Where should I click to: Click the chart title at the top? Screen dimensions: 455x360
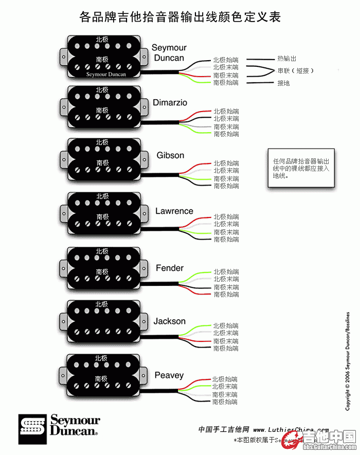(180, 17)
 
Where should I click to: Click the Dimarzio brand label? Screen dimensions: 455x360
(170, 102)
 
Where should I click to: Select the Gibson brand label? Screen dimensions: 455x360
(170, 155)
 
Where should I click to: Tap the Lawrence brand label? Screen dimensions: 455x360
(174, 211)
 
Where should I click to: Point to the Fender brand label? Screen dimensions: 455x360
(170, 268)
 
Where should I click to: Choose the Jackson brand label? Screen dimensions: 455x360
(169, 321)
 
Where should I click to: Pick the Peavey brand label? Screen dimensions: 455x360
(169, 375)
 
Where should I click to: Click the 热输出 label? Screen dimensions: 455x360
(286, 59)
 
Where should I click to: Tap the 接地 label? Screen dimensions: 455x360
(283, 83)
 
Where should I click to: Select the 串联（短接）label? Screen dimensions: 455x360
(295, 71)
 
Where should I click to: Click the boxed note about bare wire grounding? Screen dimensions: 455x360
(301, 168)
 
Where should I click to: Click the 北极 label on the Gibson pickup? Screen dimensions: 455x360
(102, 142)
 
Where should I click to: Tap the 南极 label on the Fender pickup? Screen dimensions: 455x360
(102, 271)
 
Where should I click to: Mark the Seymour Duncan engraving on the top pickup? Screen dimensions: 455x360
(106, 75)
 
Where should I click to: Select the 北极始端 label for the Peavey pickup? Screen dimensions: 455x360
(225, 379)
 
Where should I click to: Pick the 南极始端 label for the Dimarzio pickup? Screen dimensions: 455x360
(226, 134)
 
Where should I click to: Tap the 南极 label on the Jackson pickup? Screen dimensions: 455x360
(102, 325)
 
